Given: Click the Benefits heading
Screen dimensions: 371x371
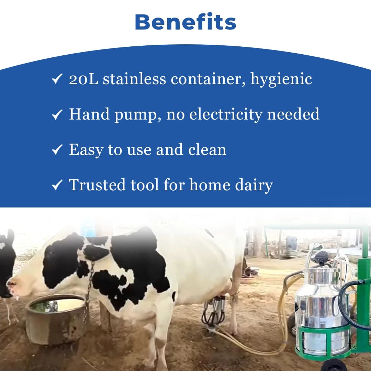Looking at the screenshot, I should pyautogui.click(x=185, y=22).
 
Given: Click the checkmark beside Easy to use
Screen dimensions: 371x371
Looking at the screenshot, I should pyautogui.click(x=56, y=150).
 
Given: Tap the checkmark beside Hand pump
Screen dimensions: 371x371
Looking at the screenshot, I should pyautogui.click(x=56, y=115).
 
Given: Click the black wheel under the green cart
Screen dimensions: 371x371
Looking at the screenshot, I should pyautogui.click(x=335, y=365).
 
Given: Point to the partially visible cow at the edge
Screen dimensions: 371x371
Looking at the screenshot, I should pyautogui.click(x=7, y=261).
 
